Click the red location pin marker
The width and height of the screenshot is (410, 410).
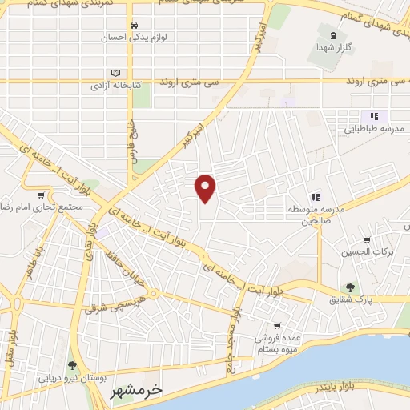[x=207, y=188]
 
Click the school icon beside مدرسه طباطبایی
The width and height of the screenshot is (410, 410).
[x=373, y=117]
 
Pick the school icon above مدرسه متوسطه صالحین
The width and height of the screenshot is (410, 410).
[x=316, y=197]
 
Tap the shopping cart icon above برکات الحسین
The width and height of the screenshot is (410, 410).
[x=367, y=239]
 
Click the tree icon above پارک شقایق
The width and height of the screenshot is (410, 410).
[x=350, y=287]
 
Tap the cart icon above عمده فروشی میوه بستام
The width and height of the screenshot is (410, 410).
[x=276, y=326]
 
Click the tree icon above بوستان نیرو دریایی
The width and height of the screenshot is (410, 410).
[x=74, y=365]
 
